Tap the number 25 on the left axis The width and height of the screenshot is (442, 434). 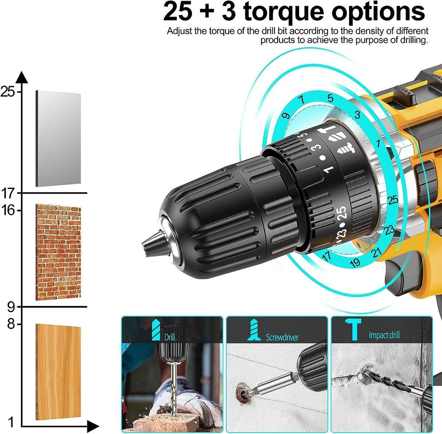click(x=8, y=91)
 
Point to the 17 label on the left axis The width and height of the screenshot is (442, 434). click(x=8, y=193)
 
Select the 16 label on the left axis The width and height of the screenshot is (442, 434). click(x=8, y=210)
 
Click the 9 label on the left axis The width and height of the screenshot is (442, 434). click(x=11, y=307)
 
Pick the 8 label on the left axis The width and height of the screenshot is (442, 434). click(x=11, y=324)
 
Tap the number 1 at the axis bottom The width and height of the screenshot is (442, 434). click(x=11, y=422)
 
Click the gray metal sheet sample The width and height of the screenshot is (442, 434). click(x=58, y=139)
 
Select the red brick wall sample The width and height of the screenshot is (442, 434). click(x=58, y=252)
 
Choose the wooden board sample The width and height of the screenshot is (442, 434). click(x=58, y=372)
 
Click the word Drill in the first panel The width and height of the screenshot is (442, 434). click(x=170, y=337)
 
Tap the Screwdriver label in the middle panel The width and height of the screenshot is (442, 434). click(x=282, y=337)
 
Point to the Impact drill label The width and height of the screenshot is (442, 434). click(x=384, y=335)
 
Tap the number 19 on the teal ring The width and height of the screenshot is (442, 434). click(x=355, y=263)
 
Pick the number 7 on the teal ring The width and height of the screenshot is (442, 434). click(x=302, y=99)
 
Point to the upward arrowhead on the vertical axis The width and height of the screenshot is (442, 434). click(x=22, y=78)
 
